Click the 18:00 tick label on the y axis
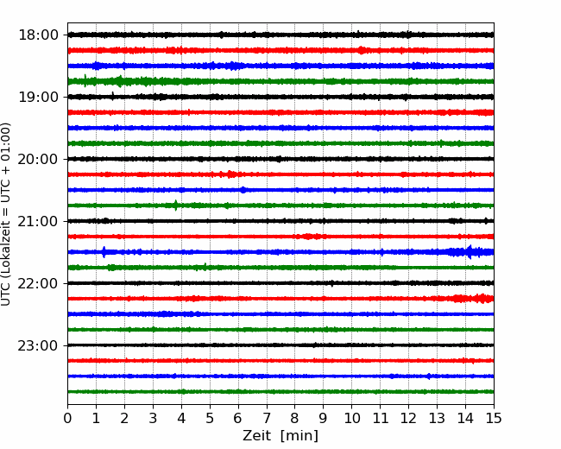[x=38, y=35]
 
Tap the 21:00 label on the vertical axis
[x=38, y=221]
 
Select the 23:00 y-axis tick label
[x=38, y=345]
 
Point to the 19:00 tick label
[x=38, y=97]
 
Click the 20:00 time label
[x=38, y=159]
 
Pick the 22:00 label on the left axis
[x=38, y=283]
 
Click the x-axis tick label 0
[x=67, y=418]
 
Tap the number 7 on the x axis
[x=267, y=418]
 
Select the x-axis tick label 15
[x=494, y=418]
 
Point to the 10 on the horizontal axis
[x=351, y=418]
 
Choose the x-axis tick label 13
[x=437, y=418]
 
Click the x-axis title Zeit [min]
[x=280, y=436]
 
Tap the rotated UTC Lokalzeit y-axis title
[x=6, y=214]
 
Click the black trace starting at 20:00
[x=280, y=159]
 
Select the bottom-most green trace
[x=280, y=392]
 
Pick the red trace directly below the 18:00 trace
[x=280, y=50]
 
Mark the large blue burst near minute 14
[x=470, y=252]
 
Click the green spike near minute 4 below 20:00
[x=176, y=206]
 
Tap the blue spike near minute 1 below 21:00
[x=104, y=252]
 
